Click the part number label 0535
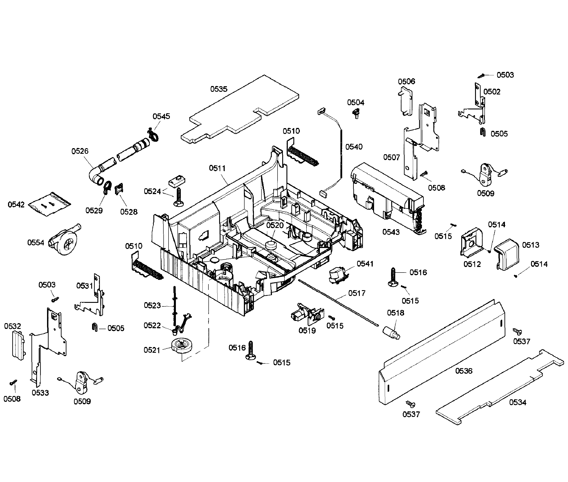pyautogui.click(x=219, y=89)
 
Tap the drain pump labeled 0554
pyautogui.click(x=64, y=240)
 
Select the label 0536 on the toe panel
pyautogui.click(x=464, y=371)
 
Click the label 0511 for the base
pyautogui.click(x=217, y=168)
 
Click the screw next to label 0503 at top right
pyautogui.click(x=482, y=75)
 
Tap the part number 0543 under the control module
pyautogui.click(x=391, y=232)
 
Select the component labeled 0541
pyautogui.click(x=337, y=275)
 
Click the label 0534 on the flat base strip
pyautogui.click(x=517, y=402)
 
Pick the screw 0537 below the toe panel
pyautogui.click(x=411, y=404)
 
